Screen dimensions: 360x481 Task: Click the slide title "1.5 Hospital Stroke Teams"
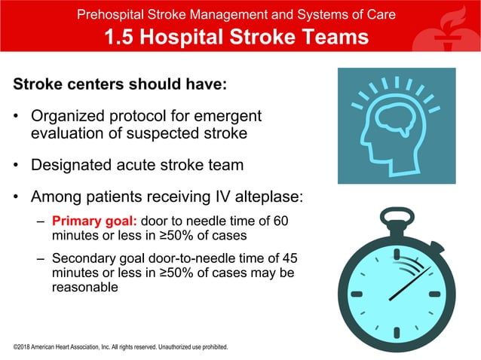[x=236, y=37]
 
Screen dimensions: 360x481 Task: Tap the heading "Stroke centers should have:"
[x=120, y=84]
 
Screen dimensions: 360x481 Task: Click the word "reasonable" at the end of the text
[x=84, y=287]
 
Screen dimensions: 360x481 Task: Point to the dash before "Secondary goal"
[x=41, y=258]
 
